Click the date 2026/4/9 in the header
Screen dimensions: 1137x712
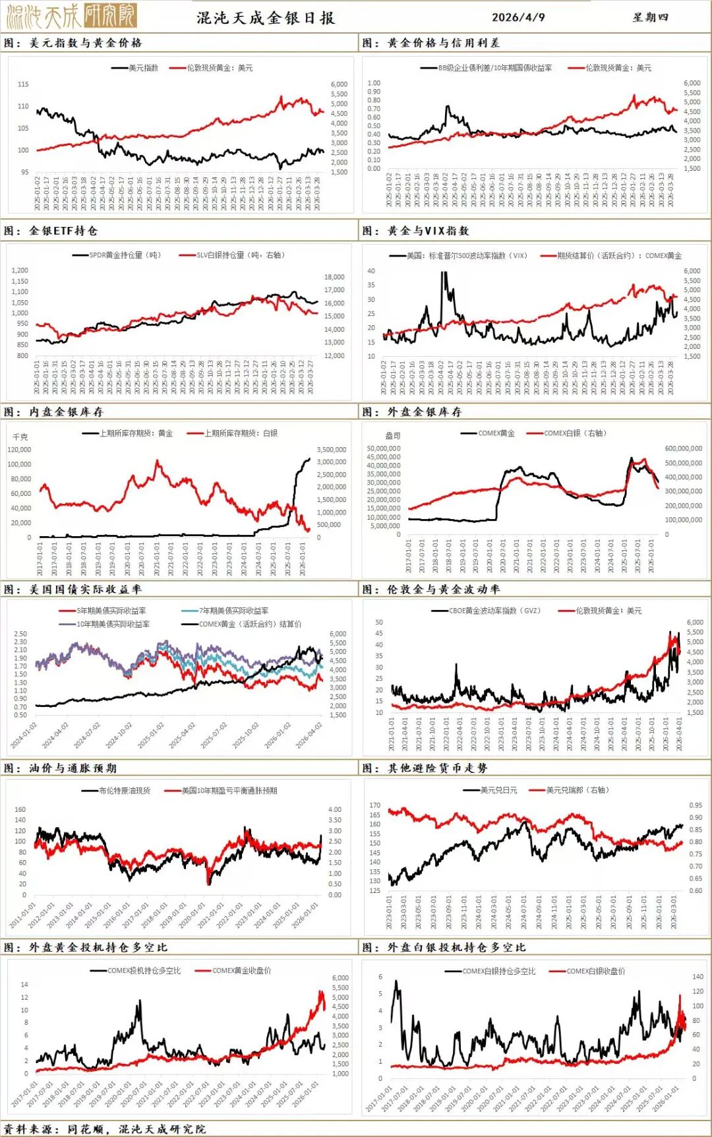tap(518, 17)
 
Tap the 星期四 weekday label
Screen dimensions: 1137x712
tap(650, 17)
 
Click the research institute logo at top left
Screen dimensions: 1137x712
tap(71, 15)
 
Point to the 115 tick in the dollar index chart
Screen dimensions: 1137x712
tap(23, 84)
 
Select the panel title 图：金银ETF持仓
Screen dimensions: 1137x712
tap(51, 231)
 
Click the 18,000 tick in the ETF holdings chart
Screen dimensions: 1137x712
tap(334, 277)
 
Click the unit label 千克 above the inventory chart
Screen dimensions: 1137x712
tap(20, 437)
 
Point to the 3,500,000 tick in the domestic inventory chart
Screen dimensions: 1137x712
tap(332, 450)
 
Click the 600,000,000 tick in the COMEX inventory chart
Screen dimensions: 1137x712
tap(684, 448)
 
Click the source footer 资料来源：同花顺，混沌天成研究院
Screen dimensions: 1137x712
tap(104, 1129)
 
